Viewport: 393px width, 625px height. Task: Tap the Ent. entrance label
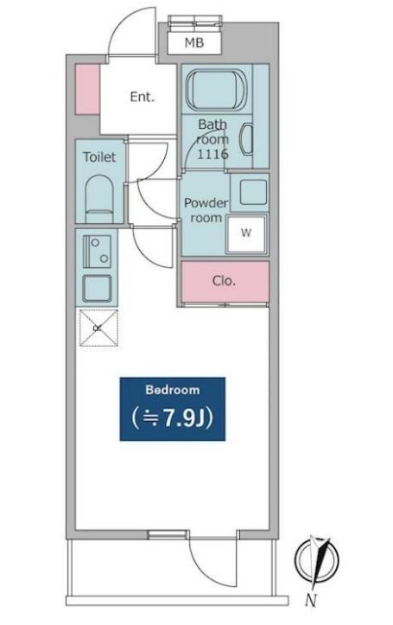[142, 97]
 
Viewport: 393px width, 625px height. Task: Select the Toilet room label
[99, 157]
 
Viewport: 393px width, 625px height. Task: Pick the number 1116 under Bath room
[212, 153]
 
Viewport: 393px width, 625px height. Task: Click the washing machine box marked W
[247, 233]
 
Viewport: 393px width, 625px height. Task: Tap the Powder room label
[205, 211]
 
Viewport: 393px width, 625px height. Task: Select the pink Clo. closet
[225, 281]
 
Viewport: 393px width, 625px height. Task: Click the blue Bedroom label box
[173, 409]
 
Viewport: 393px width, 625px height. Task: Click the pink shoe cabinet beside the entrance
[86, 89]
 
